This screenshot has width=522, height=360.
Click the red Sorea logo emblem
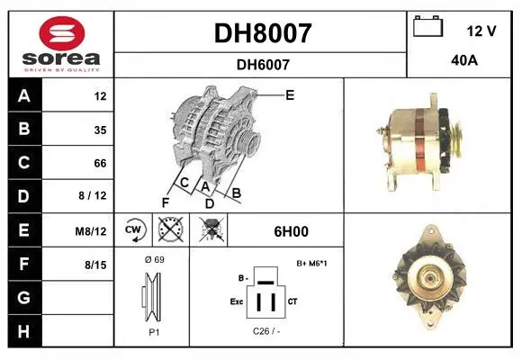pos(62,33)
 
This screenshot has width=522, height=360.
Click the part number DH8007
pos(263,33)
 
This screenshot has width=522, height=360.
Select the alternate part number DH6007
pos(263,65)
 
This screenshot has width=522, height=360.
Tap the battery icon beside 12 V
pos(427,26)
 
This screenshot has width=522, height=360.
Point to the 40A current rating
pos(464,60)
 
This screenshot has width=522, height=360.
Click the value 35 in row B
pos(100,130)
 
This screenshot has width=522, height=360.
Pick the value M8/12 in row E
pos(91,231)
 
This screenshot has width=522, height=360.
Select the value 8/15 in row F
pos(95,265)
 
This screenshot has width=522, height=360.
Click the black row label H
pos(24,331)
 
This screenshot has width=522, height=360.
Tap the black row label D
pos(24,196)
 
